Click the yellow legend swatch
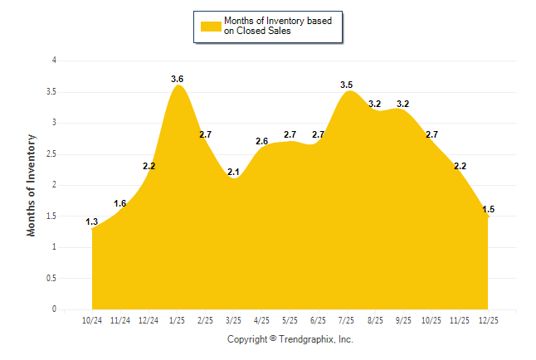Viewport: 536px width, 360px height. tap(211, 26)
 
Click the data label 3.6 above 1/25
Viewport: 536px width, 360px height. tap(177, 79)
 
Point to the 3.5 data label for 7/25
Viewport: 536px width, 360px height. tap(347, 85)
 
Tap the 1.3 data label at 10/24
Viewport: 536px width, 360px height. tap(92, 221)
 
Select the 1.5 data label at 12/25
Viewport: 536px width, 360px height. tap(489, 209)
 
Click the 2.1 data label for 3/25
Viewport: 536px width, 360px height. tap(233, 172)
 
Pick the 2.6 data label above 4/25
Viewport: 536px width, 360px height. tap(261, 141)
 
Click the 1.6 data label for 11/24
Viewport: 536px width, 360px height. tap(120, 203)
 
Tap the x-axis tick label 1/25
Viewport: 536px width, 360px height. tap(177, 319)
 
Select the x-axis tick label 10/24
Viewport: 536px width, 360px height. tap(92, 319)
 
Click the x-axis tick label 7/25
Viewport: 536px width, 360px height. tap(347, 319)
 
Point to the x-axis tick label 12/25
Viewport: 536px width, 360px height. tap(488, 319)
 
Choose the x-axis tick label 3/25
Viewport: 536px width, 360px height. tap(233, 319)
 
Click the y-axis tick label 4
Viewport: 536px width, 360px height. tap(54, 60)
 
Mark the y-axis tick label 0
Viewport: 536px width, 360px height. tap(54, 309)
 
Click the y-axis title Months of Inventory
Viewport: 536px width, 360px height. tap(32, 185)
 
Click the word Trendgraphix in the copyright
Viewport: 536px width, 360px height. tap(305, 339)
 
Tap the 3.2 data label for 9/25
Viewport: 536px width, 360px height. tap(403, 104)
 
